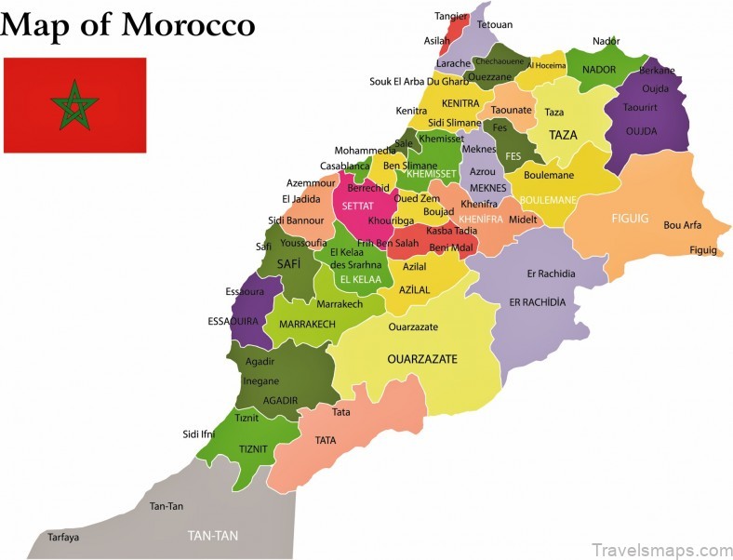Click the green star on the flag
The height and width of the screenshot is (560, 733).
pos(73,104)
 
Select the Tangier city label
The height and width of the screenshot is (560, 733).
pos(452,16)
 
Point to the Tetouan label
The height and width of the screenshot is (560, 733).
pos(495,24)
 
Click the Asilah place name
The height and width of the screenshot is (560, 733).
pos(437,41)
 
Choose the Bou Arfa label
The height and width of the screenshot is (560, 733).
pos(682,225)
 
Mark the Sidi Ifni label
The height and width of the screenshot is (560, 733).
pos(199,433)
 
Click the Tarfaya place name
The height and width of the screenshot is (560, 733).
pos(63,538)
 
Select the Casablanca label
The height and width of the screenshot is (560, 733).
pos(345,167)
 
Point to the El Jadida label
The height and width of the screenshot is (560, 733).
pos(301,198)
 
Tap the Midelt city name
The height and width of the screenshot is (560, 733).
pos(523,219)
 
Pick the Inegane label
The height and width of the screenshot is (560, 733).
pos(261,380)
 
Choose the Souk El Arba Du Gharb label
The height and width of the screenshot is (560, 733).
pos(420,81)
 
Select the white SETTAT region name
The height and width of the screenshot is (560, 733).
pos(358,207)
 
